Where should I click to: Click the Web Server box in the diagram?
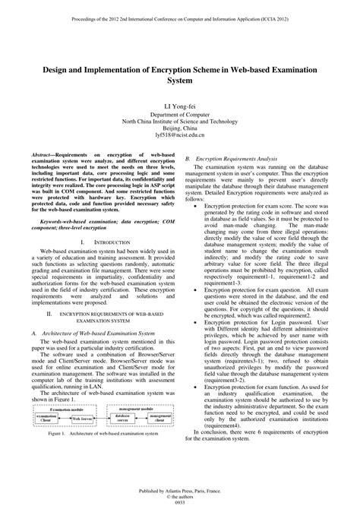tap(81, 419)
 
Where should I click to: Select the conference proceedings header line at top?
tap(180, 14)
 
